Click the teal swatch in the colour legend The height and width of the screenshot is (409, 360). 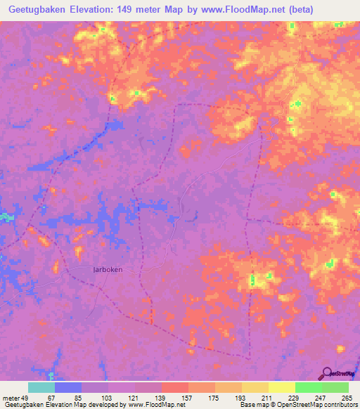41,387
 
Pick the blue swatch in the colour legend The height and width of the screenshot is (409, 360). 68,387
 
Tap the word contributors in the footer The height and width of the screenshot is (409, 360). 335,405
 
